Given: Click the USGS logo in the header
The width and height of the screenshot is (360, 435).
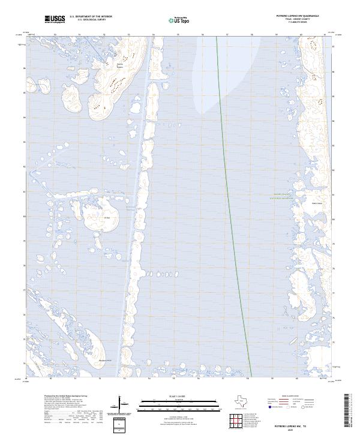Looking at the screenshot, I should [x=55, y=20].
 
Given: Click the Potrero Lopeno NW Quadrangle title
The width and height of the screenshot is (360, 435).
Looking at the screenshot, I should [x=298, y=17].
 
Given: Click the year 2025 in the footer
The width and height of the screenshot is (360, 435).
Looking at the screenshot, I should [x=290, y=430].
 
